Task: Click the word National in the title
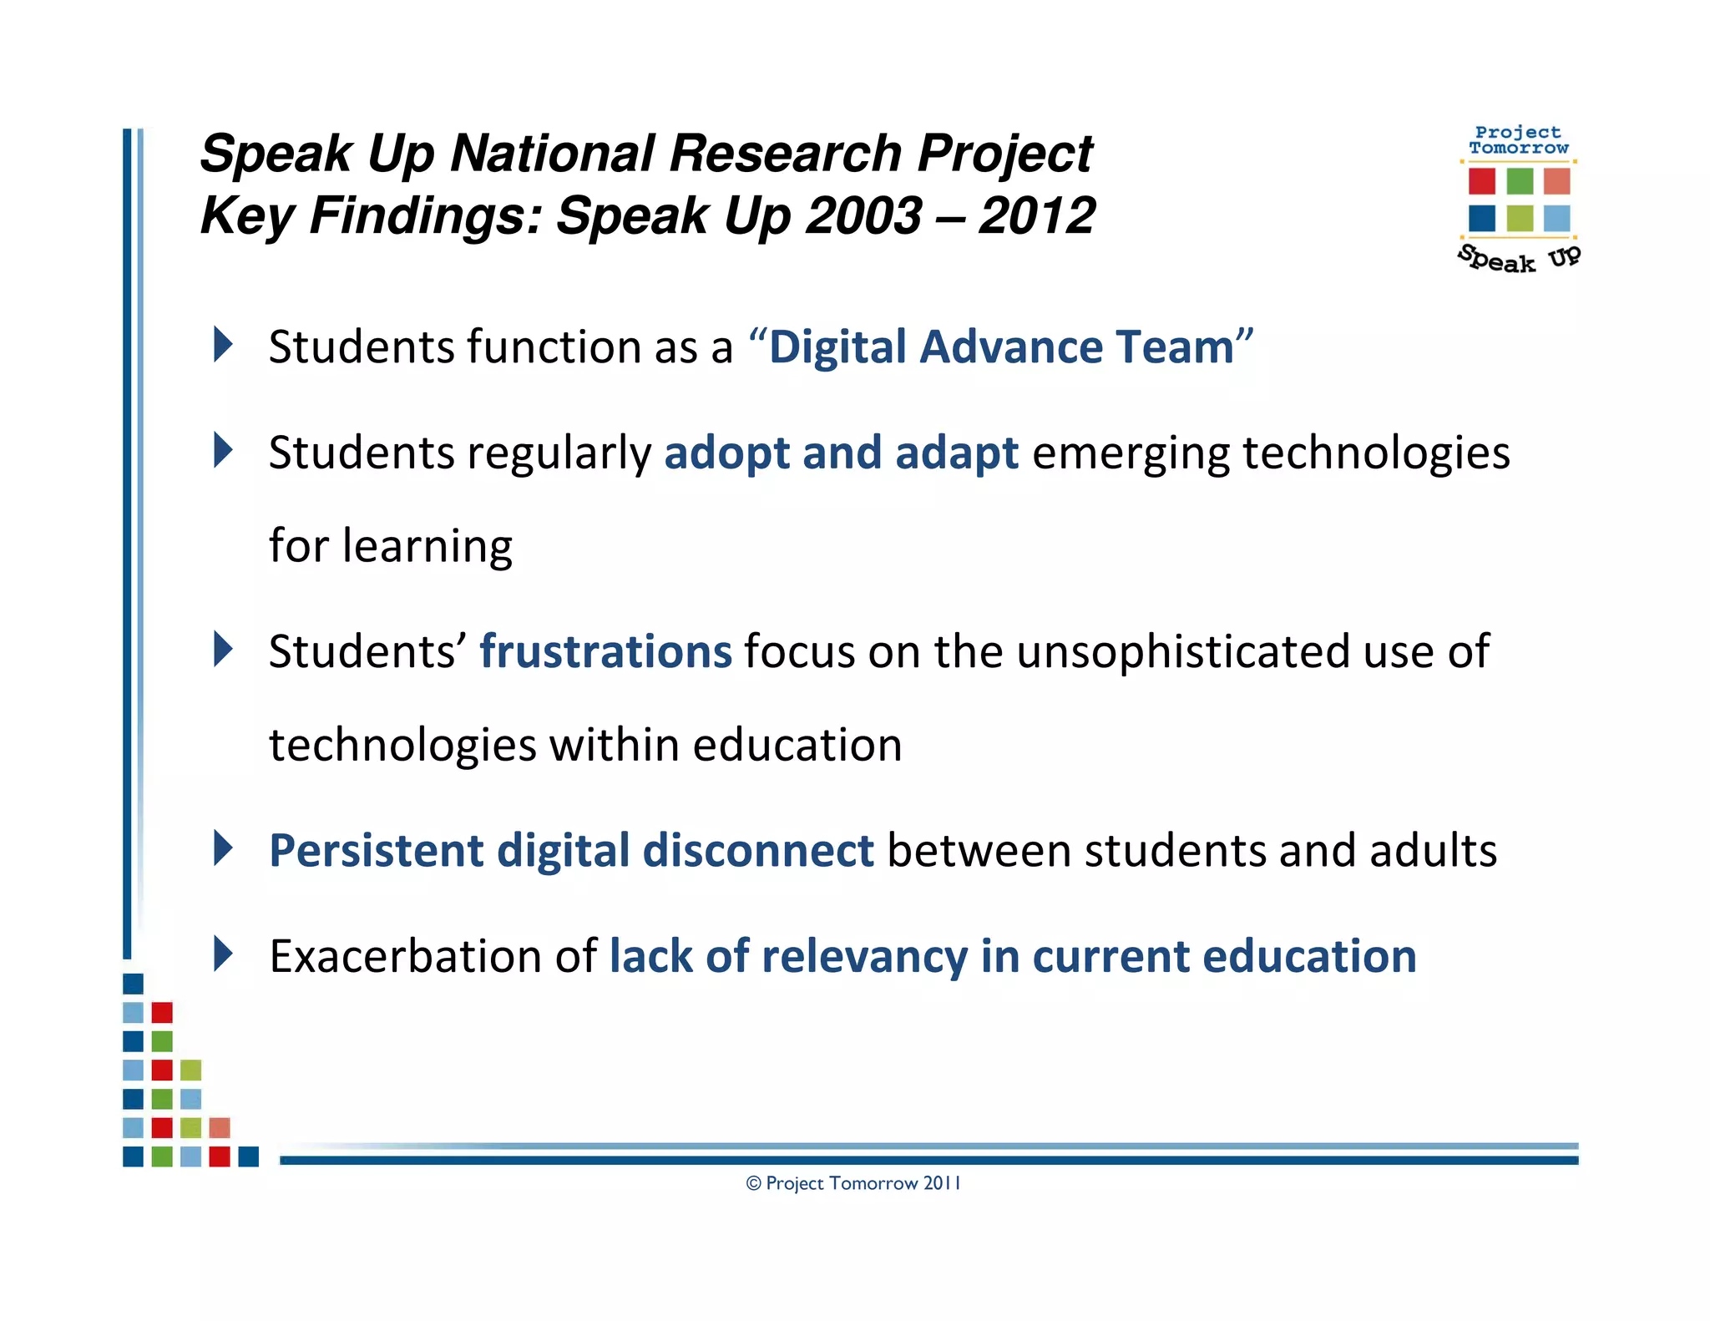552,154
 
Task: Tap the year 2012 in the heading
1037,216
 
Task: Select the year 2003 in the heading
864,216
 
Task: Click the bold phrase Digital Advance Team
1001,347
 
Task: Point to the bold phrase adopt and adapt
841,453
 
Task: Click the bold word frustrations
605,651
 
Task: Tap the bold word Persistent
376,851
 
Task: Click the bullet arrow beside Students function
223,344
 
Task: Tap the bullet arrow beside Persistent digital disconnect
223,848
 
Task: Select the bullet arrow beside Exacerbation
223,954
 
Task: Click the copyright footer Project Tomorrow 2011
853,1183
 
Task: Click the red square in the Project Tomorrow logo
1481,181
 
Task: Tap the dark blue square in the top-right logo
1481,219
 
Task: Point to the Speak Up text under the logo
1519,259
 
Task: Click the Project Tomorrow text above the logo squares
1519,140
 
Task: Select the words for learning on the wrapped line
391,547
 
